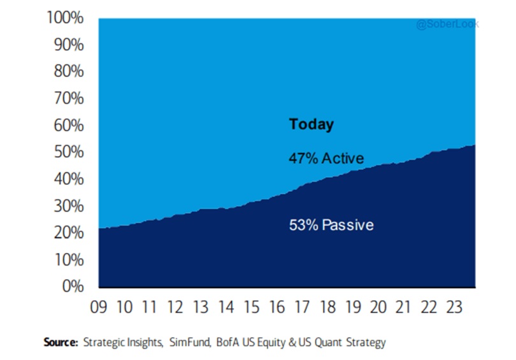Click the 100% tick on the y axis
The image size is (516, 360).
point(66,18)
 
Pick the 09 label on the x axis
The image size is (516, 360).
point(99,308)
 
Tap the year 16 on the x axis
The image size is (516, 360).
point(277,308)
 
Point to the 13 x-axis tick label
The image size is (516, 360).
point(201,308)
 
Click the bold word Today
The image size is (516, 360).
point(312,124)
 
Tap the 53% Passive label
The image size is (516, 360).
point(331,225)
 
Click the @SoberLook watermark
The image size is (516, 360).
point(447,24)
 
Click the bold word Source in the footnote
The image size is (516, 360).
point(61,343)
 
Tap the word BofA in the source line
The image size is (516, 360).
point(230,343)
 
